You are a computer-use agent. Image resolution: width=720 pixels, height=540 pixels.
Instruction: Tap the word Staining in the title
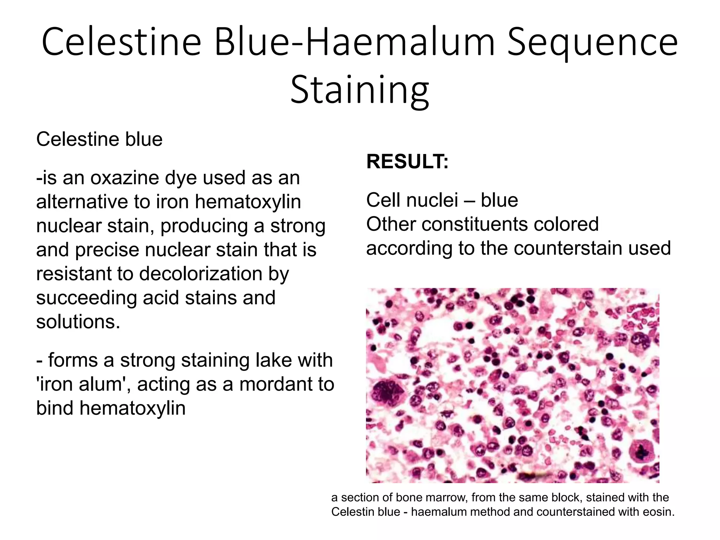[x=359, y=90]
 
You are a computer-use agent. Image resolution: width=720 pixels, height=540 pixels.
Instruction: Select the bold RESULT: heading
[x=407, y=162]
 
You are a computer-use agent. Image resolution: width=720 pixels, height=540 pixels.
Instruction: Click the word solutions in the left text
[x=78, y=322]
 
